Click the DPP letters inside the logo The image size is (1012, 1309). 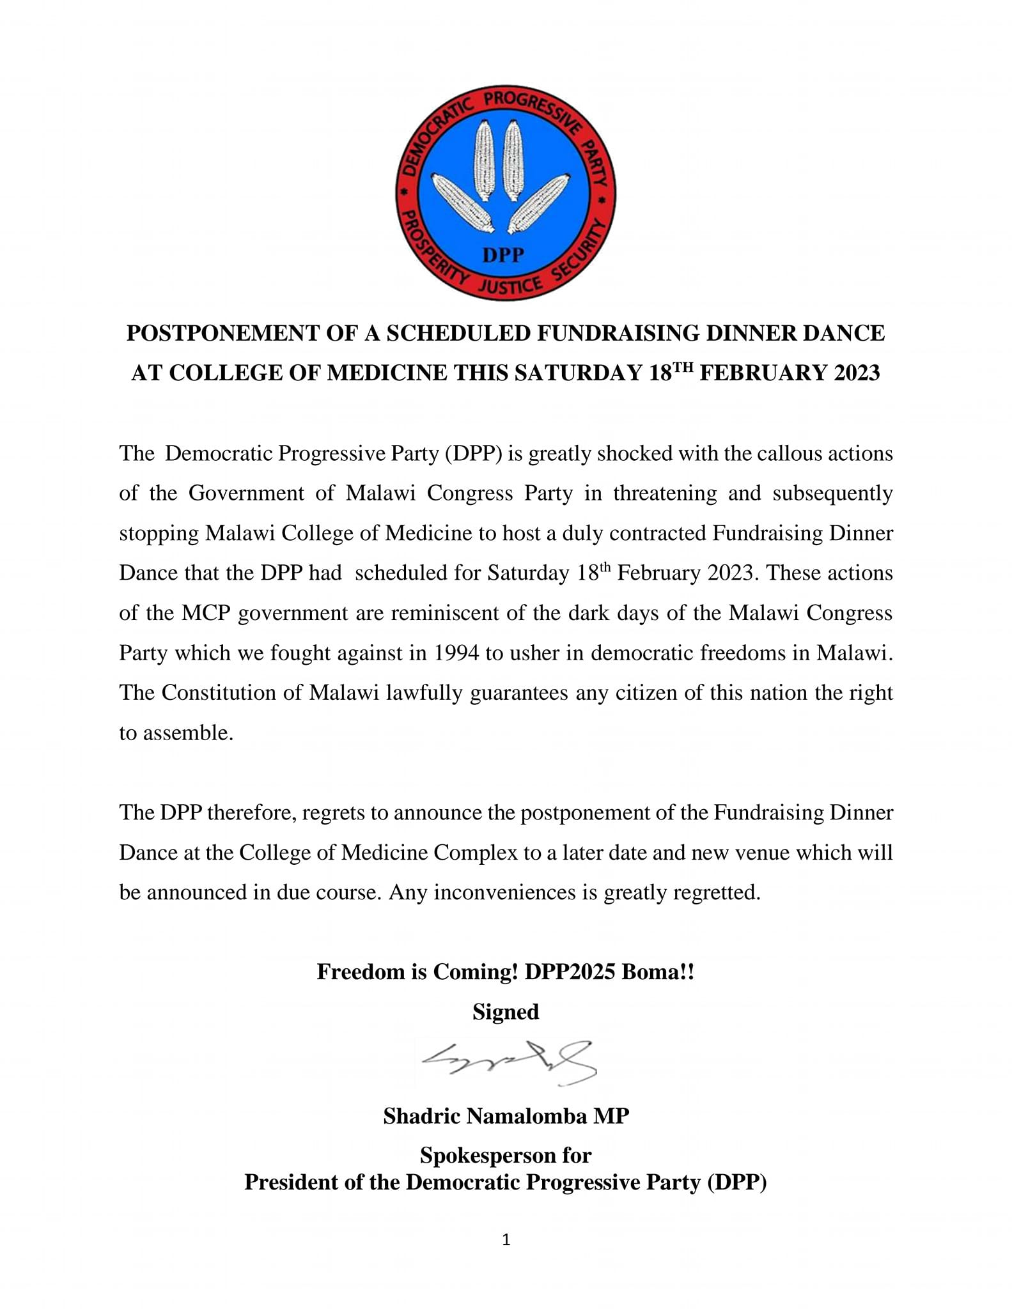click(503, 255)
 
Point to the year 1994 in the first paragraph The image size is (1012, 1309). click(456, 653)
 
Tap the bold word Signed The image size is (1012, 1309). click(506, 1012)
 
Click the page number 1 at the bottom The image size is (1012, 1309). click(506, 1241)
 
